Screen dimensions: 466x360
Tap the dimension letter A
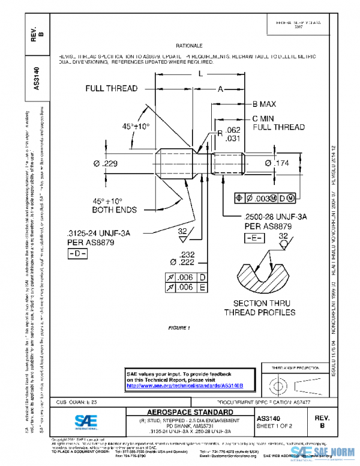click(220, 88)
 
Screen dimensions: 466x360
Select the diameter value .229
click(106, 163)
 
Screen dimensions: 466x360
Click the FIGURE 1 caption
click(179, 328)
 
